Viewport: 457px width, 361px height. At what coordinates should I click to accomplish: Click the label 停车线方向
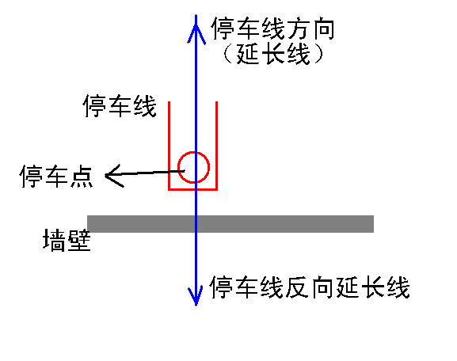pyautogui.click(x=272, y=28)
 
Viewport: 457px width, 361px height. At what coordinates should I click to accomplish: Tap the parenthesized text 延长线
pyautogui.click(x=273, y=54)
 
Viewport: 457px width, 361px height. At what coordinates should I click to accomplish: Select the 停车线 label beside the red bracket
pyautogui.click(x=120, y=106)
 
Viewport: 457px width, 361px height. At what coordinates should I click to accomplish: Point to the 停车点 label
pyautogui.click(x=56, y=176)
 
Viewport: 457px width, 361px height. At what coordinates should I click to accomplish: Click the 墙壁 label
pyautogui.click(x=67, y=240)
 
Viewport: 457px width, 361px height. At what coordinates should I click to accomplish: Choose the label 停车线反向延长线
pyautogui.click(x=310, y=287)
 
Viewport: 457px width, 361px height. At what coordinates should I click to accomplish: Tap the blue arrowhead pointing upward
pyautogui.click(x=196, y=29)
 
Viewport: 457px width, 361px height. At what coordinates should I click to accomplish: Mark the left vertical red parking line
pyautogui.click(x=169, y=146)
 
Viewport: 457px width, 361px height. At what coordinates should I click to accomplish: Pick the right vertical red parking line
pyautogui.click(x=216, y=146)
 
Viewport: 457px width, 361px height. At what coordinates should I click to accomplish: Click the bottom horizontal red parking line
pyautogui.click(x=193, y=189)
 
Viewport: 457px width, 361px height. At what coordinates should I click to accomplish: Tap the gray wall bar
pyautogui.click(x=230, y=224)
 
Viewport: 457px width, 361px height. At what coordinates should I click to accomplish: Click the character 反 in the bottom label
pyautogui.click(x=297, y=287)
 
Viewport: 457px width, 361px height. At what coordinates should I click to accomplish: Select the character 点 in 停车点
pyautogui.click(x=82, y=176)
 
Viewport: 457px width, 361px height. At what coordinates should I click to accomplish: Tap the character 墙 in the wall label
pyautogui.click(x=54, y=240)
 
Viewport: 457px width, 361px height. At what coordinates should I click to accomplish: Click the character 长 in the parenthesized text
pyautogui.click(x=273, y=54)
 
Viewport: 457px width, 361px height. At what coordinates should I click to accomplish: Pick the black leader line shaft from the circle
pyautogui.click(x=145, y=173)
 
